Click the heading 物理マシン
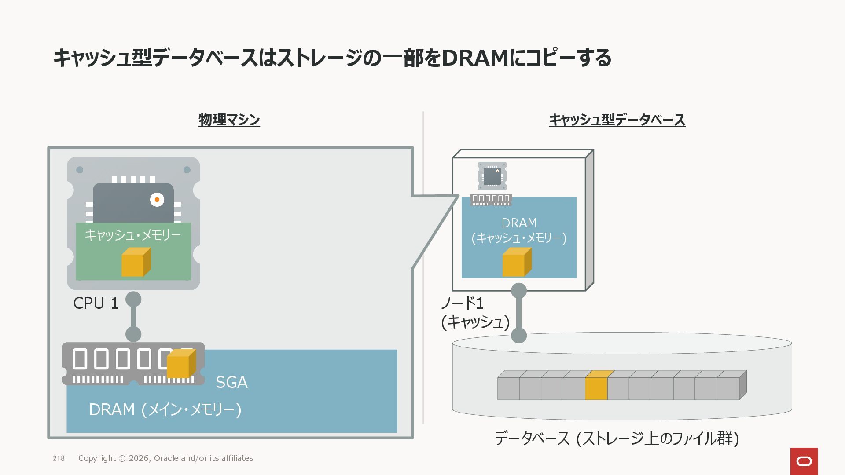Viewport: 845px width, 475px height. [x=229, y=120]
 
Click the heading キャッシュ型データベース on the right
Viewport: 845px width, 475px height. [x=617, y=120]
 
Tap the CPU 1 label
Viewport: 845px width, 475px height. [x=96, y=303]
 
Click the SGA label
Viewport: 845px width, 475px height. [x=231, y=382]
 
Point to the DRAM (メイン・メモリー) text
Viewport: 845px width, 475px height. [x=165, y=409]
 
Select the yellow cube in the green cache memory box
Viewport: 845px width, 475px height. [x=136, y=262]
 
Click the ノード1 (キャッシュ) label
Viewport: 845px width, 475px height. [x=474, y=313]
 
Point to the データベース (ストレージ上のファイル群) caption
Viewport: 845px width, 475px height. [x=617, y=438]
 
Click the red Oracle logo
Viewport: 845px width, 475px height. [x=804, y=461]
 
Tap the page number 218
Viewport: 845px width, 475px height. [x=59, y=458]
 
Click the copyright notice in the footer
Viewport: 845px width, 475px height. [x=165, y=458]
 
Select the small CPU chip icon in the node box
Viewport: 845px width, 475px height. [x=492, y=176]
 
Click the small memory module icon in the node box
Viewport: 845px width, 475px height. [x=491, y=199]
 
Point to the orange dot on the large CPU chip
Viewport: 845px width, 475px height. [x=157, y=200]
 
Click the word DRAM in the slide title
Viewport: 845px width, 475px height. [x=475, y=58]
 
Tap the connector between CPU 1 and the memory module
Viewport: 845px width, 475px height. [x=133, y=317]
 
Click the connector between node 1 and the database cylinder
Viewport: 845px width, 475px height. [x=519, y=313]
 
